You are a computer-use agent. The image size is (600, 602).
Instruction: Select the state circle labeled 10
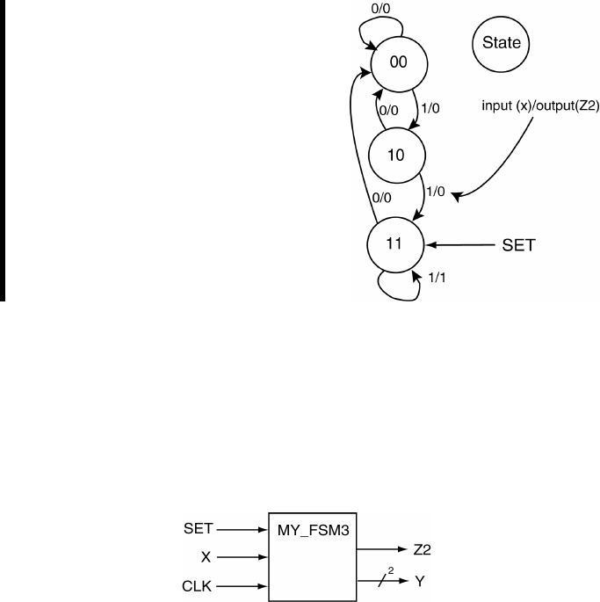pyautogui.click(x=397, y=155)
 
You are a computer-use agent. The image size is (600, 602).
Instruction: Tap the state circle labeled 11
pyautogui.click(x=395, y=242)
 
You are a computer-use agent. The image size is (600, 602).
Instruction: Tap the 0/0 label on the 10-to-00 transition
pyautogui.click(x=388, y=111)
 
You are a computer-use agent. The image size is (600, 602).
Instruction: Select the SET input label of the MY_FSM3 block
pyautogui.click(x=197, y=529)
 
